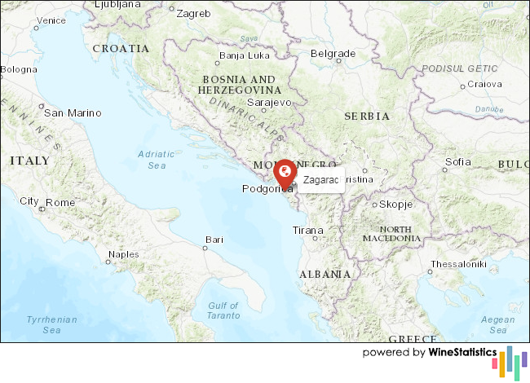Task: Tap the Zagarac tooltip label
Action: [x=320, y=179]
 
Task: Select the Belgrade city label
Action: [x=333, y=54]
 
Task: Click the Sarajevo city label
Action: [x=269, y=103]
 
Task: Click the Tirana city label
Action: [x=307, y=231]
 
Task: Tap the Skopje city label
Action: [x=397, y=205]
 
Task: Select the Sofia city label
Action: [x=458, y=162]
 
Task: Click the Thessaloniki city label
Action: [x=458, y=264]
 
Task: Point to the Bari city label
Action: [x=214, y=240]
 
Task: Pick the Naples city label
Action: [x=123, y=254]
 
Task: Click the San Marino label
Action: [x=73, y=113]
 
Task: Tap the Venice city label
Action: [x=51, y=20]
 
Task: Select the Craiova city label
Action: [x=484, y=84]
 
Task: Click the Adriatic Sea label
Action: [x=156, y=159]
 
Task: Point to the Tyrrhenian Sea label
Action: [x=51, y=325]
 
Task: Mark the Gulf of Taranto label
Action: [x=223, y=310]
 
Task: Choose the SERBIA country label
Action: [x=367, y=117]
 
